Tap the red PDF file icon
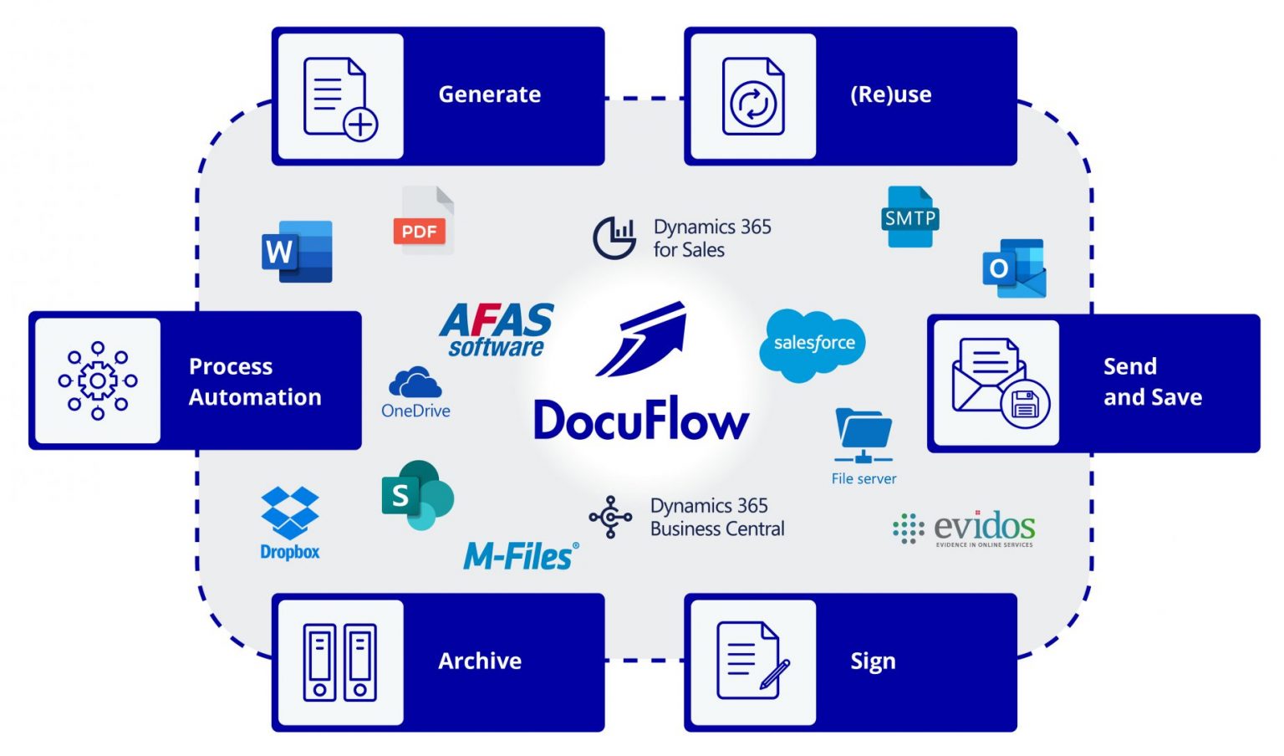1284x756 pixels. point(423,222)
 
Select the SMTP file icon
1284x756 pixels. point(909,217)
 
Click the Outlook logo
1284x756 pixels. point(1014,268)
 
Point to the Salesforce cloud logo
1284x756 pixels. point(813,344)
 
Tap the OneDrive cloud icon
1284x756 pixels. point(415,383)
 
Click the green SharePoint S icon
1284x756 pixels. point(416,495)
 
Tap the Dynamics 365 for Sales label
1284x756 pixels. point(711,238)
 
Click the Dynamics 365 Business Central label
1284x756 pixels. point(716,517)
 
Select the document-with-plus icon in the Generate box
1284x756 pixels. point(339,97)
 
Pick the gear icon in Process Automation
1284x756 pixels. point(98,381)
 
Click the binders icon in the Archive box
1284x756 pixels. point(339,661)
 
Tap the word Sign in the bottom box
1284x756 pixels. point(873,661)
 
